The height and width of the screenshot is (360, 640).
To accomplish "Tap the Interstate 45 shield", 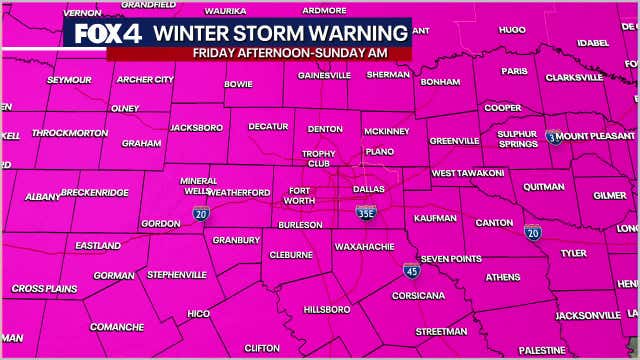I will pos(411,270).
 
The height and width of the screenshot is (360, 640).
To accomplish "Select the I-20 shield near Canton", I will pos(532,232).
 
